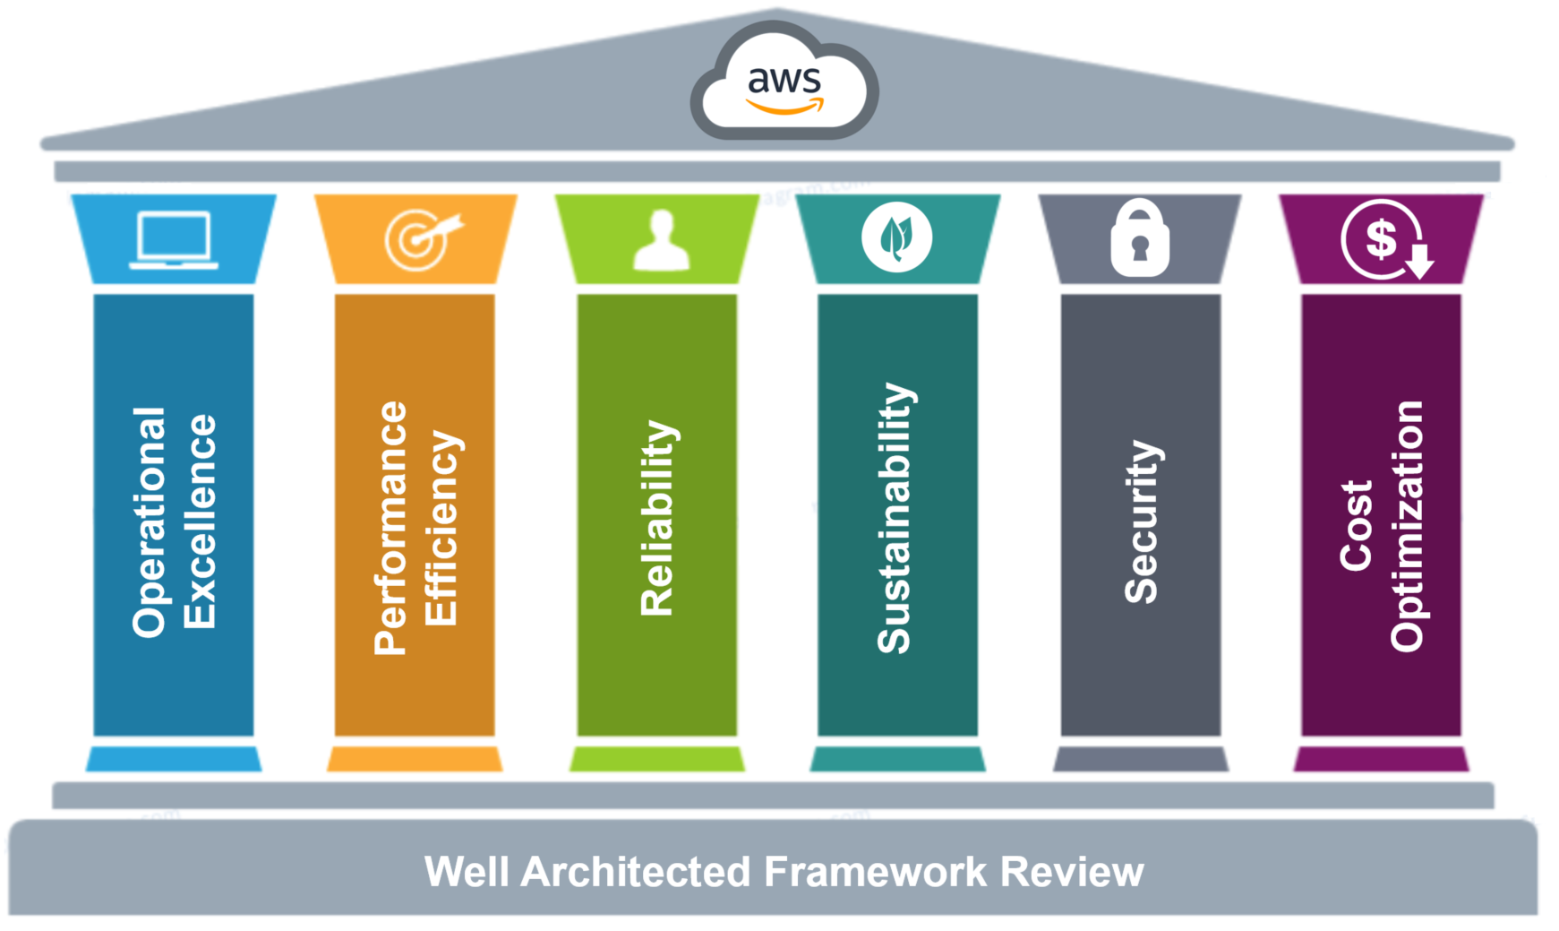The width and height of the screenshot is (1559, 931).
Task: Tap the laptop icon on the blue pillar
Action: (x=174, y=239)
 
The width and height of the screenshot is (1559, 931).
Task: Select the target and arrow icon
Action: (x=419, y=239)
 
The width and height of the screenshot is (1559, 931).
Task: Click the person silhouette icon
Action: (x=661, y=240)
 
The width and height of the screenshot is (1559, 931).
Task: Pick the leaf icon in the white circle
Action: (x=896, y=238)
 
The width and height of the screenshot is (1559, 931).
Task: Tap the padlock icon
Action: (x=1139, y=239)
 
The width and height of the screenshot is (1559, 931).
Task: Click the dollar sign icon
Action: (x=1383, y=239)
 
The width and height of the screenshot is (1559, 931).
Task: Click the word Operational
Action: (x=150, y=522)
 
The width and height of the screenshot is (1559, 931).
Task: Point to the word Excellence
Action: (x=200, y=522)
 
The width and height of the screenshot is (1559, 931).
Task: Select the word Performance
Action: (x=391, y=528)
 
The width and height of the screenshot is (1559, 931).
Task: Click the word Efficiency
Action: (x=441, y=528)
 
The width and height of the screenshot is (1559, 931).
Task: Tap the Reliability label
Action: (x=658, y=518)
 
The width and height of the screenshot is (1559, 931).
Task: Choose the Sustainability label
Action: (x=895, y=518)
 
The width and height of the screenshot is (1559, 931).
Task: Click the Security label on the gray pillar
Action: (x=1142, y=522)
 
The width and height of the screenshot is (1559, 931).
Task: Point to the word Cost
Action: (x=1357, y=525)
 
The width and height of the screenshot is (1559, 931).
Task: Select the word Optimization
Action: (x=1408, y=526)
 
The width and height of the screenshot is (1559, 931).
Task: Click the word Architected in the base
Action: (x=635, y=871)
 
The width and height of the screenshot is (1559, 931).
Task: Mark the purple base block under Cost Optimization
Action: (x=1381, y=759)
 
